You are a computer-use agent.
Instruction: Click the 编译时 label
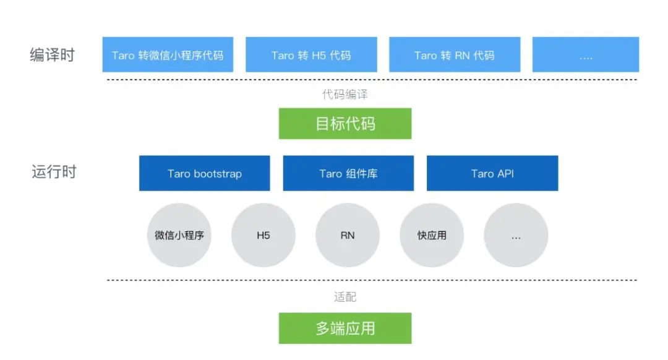[52, 54]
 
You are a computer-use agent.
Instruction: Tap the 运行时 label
[54, 171]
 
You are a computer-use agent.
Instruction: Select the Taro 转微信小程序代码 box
[168, 54]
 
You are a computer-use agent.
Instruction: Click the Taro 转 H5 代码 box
[311, 54]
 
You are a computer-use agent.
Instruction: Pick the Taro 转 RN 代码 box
[455, 54]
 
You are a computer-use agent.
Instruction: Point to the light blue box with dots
[585, 54]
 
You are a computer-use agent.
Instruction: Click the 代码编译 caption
[345, 94]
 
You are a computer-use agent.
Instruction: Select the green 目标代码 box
[345, 124]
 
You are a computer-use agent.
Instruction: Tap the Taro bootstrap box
[205, 173]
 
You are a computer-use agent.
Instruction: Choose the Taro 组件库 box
[348, 173]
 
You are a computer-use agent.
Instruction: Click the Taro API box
[492, 173]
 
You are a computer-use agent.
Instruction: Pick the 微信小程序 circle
[179, 235]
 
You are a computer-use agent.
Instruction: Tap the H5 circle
[263, 235]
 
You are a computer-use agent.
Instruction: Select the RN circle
[348, 235]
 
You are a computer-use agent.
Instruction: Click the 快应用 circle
[432, 235]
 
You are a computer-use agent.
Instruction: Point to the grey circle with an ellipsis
[516, 235]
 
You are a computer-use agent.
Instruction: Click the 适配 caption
[345, 297]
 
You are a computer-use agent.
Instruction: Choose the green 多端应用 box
[345, 328]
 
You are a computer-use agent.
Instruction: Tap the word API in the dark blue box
[505, 174]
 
